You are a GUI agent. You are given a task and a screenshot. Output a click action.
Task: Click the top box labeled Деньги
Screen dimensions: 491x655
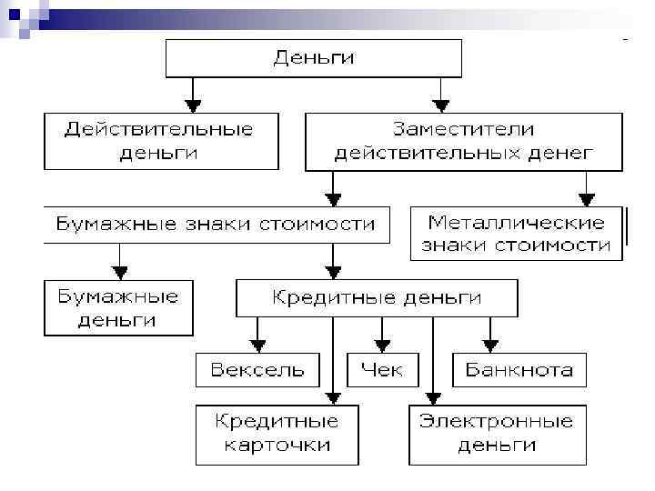[313, 59]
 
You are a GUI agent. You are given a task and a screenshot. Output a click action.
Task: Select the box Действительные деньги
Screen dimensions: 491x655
[160, 141]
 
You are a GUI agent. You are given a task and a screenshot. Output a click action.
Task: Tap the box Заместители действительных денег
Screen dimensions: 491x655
[463, 141]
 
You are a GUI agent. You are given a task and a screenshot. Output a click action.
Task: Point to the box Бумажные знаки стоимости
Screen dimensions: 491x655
[216, 224]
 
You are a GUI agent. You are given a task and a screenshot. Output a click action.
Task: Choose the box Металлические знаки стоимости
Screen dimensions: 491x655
[518, 234]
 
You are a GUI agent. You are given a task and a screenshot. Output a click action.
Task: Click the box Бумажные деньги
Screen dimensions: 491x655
[118, 308]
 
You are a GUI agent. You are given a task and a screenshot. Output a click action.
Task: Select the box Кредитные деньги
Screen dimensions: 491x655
[378, 297]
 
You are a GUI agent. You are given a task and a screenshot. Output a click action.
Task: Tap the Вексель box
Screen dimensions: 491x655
[258, 370]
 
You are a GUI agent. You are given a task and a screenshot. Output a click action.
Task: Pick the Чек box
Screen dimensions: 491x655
[381, 370]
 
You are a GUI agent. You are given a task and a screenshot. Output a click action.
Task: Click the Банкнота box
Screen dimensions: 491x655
[519, 370]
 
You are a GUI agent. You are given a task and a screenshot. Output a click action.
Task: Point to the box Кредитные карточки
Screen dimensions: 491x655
[277, 434]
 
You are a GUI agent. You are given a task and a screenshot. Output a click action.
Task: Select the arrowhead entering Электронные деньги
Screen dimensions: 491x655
[434, 397]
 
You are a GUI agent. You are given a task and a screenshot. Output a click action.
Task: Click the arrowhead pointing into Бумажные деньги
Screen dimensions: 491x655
[119, 272]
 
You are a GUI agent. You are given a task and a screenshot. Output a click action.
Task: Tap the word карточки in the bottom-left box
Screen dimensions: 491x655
[277, 445]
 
